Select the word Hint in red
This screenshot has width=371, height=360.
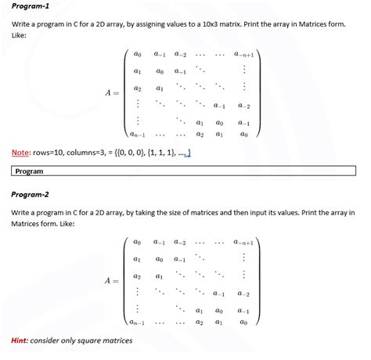21,340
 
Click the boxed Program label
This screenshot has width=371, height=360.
29,171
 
